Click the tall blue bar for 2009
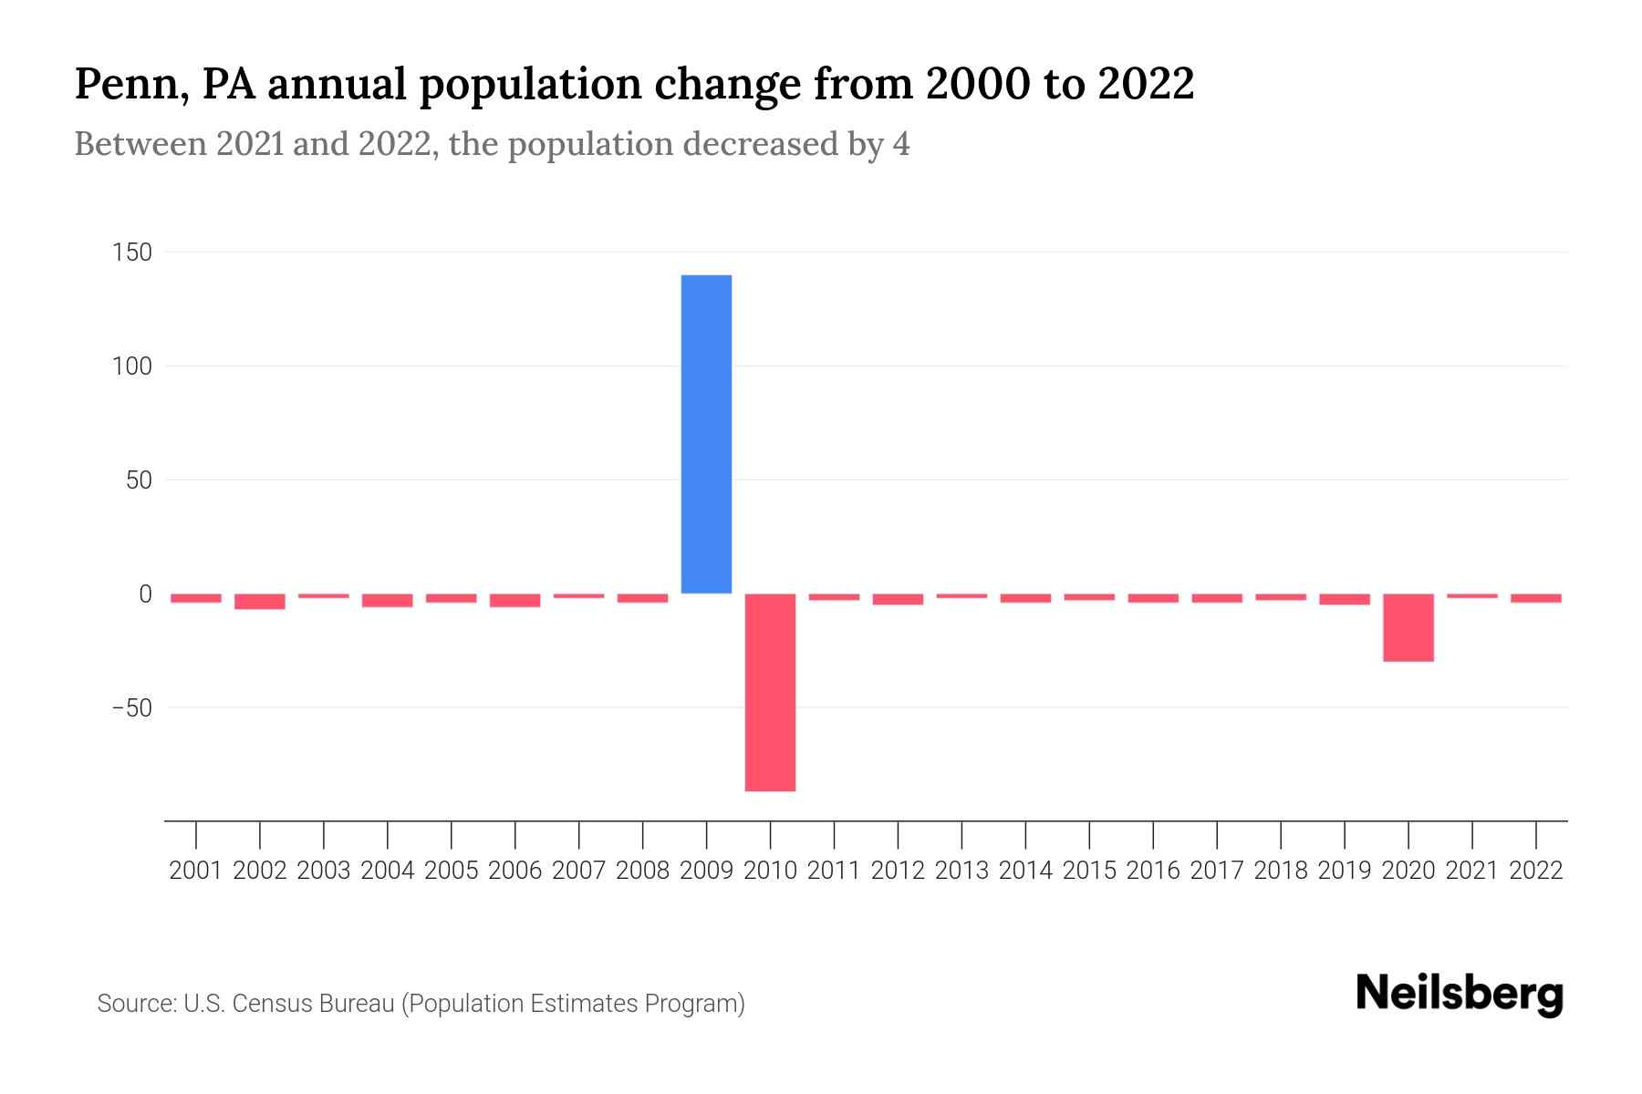(706, 434)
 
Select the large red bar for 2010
(770, 692)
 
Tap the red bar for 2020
(1408, 627)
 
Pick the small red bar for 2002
(260, 601)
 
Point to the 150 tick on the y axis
(132, 253)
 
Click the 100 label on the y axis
(132, 366)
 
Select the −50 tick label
(131, 708)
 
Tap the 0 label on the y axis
(145, 594)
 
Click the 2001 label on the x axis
(196, 871)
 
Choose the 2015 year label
(1089, 871)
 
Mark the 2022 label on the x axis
(1536, 871)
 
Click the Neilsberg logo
(1460, 994)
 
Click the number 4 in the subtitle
(901, 145)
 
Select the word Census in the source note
(271, 1004)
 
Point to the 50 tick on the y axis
(139, 480)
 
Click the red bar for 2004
(388, 600)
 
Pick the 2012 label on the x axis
(898, 871)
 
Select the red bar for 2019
(1344, 599)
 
